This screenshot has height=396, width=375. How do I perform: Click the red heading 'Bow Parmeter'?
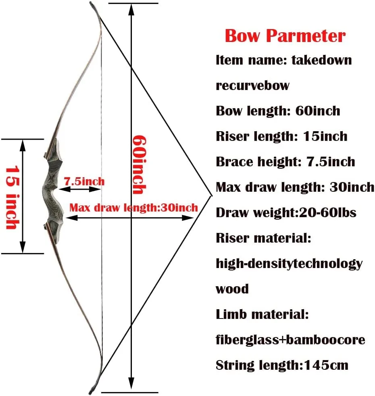[285, 36]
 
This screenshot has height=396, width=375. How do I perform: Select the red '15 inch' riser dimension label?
[10, 197]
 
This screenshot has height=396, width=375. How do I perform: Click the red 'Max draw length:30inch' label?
[133, 208]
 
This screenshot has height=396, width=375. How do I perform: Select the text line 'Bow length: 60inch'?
[278, 111]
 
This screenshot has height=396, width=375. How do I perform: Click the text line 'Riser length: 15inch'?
[281, 136]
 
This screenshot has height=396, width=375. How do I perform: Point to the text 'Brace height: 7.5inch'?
[285, 161]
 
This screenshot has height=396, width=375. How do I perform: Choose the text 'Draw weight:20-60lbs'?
[286, 212]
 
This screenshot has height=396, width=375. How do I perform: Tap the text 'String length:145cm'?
[282, 365]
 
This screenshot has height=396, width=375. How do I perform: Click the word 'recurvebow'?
[252, 85]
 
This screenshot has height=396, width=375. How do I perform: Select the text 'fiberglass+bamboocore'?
[290, 340]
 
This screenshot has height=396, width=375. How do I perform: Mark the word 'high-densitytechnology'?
[289, 264]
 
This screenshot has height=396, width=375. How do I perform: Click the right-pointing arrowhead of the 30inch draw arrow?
[190, 217]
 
